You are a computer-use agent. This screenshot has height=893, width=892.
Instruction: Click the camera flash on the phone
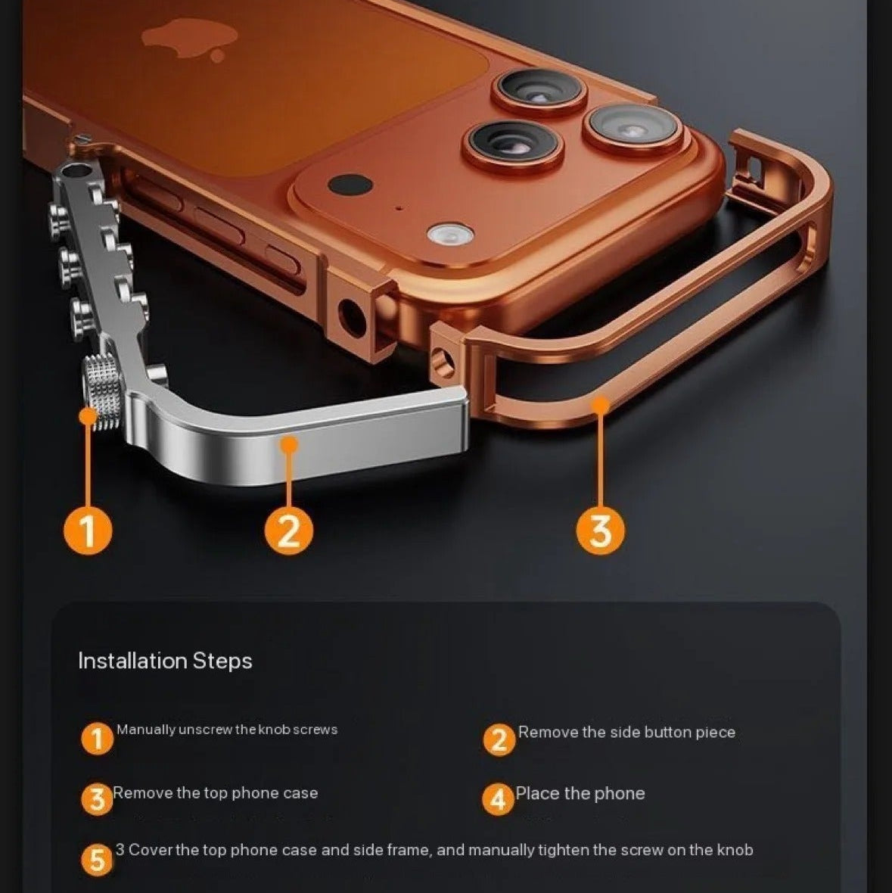(449, 235)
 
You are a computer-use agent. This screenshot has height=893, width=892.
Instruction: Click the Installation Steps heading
(165, 661)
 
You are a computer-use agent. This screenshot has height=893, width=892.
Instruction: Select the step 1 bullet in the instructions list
(97, 739)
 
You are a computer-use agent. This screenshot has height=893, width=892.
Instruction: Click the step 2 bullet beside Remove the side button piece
(499, 739)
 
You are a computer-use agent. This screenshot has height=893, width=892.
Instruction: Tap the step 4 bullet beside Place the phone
(498, 799)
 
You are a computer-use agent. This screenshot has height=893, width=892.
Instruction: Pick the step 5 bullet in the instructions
(97, 860)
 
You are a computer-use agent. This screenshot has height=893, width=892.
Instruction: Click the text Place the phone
(580, 793)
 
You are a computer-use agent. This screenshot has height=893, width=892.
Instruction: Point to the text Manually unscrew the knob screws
(227, 730)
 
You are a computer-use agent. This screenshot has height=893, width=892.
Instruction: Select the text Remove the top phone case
(216, 793)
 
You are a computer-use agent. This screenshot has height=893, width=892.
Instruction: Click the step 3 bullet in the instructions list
(97, 799)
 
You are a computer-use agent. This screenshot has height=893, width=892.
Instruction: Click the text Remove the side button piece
(626, 732)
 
